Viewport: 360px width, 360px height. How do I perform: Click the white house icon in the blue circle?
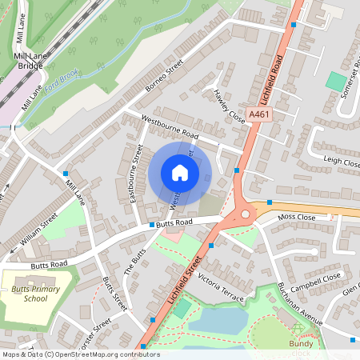pyautogui.click(x=180, y=173)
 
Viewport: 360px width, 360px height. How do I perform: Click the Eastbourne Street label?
pyautogui.click(x=135, y=172)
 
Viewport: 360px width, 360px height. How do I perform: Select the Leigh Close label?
pyautogui.click(x=342, y=162)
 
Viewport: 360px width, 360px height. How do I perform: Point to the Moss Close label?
pyautogui.click(x=297, y=218)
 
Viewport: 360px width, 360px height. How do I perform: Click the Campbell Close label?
pyautogui.click(x=315, y=282)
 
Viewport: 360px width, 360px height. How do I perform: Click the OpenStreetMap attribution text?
pyautogui.click(x=80, y=354)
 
